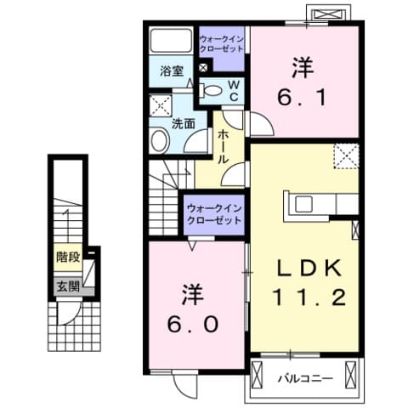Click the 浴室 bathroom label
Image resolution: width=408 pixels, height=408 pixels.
click(173, 71)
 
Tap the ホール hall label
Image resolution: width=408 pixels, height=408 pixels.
click(223, 144)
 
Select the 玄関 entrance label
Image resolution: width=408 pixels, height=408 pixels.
click(68, 286)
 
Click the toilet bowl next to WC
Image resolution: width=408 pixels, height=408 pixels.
click(213, 90)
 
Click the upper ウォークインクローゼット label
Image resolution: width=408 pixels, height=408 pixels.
click(222, 44)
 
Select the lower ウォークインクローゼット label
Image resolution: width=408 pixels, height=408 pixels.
click(212, 212)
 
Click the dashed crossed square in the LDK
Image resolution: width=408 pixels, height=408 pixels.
click(344, 156)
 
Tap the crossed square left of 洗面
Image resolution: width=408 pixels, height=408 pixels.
click(159, 106)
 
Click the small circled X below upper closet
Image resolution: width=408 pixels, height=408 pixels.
click(201, 67)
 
